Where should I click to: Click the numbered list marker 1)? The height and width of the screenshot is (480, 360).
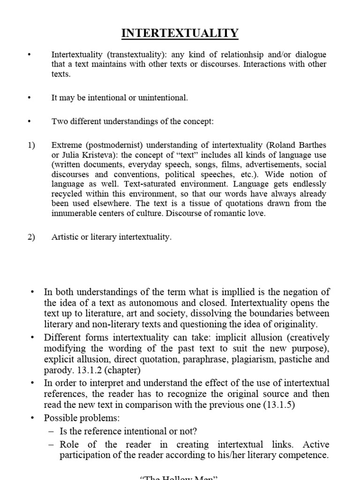click(x=31, y=145)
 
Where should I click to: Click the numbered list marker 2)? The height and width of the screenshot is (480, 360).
click(x=31, y=237)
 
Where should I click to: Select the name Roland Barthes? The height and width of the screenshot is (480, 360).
click(x=300, y=145)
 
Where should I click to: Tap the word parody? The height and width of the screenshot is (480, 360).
click(x=56, y=370)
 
